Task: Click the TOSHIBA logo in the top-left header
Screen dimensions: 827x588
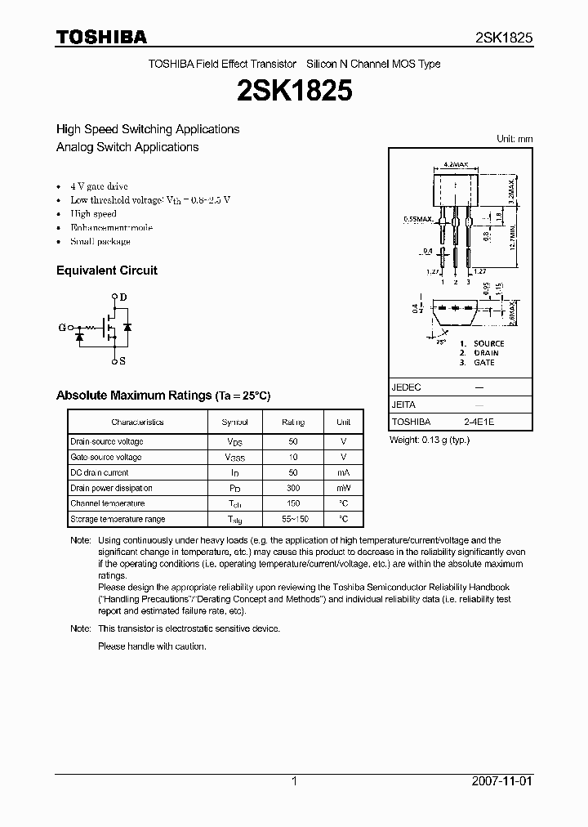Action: click(101, 37)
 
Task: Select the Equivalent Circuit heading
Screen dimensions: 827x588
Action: click(106, 270)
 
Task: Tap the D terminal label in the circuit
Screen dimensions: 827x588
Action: click(123, 298)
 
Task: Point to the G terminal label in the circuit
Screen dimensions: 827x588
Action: click(61, 328)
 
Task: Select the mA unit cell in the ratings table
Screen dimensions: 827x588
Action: click(343, 473)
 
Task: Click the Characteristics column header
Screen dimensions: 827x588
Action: click(137, 422)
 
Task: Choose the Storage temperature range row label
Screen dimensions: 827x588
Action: click(118, 519)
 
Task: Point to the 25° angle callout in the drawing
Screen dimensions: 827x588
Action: click(441, 341)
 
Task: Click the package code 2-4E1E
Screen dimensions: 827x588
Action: click(479, 422)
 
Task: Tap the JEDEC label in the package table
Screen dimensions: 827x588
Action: click(407, 387)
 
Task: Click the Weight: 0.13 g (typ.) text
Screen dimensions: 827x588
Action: click(430, 440)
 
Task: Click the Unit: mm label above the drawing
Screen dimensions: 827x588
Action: click(514, 139)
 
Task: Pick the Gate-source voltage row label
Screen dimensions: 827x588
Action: click(106, 458)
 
